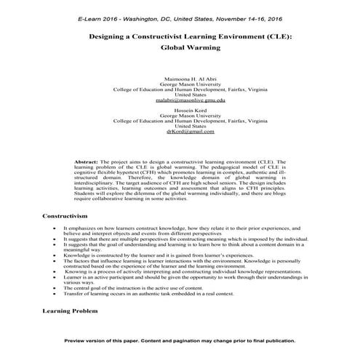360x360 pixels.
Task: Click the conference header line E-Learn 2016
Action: point(180,17)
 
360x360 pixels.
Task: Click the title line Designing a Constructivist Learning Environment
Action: point(180,36)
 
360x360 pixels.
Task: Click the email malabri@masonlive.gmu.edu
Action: point(180,100)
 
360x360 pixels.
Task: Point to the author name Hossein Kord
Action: point(180,109)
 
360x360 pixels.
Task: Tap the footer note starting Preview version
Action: point(180,340)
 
